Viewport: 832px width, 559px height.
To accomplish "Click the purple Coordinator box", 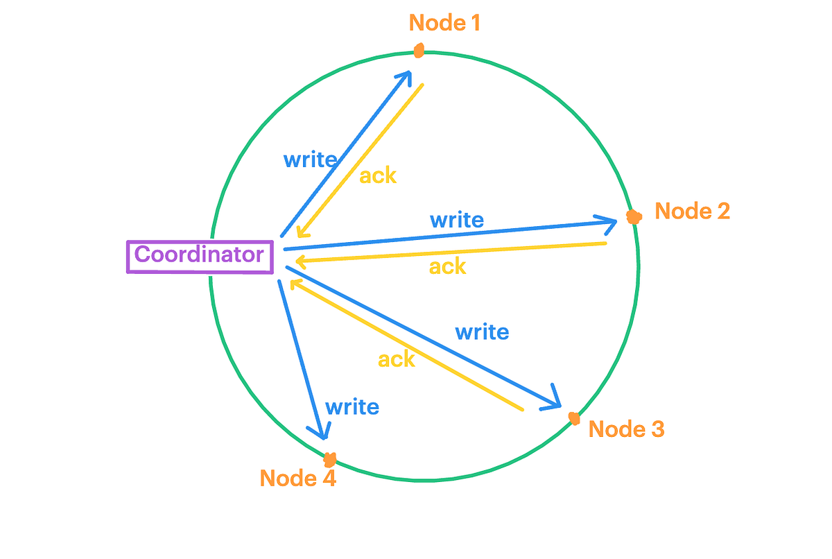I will click(x=199, y=255).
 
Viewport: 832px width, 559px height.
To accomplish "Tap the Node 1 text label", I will click(x=444, y=23).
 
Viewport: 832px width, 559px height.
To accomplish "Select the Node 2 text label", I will click(x=692, y=211).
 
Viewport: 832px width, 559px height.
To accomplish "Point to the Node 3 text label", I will click(x=626, y=429).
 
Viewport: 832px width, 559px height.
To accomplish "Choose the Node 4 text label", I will click(x=297, y=478).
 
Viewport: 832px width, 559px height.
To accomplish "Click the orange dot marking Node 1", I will click(x=419, y=51).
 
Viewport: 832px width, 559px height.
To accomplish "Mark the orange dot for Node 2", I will click(x=632, y=217).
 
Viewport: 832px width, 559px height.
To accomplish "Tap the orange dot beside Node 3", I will click(x=574, y=418).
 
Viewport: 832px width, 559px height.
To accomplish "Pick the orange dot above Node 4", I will click(x=331, y=458).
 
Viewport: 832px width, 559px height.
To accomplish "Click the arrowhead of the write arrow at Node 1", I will click(x=408, y=74).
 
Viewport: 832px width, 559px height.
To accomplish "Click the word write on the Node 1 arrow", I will click(x=310, y=160).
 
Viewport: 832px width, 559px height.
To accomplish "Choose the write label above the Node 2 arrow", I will click(x=457, y=221).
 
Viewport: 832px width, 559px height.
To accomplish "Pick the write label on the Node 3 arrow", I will click(x=482, y=332).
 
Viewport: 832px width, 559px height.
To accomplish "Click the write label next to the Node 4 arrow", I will click(x=352, y=406).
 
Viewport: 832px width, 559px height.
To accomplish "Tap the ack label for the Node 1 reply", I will click(x=378, y=176).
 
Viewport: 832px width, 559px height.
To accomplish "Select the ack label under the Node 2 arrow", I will click(x=447, y=266).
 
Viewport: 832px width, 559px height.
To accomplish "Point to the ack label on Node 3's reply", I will click(x=397, y=359).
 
